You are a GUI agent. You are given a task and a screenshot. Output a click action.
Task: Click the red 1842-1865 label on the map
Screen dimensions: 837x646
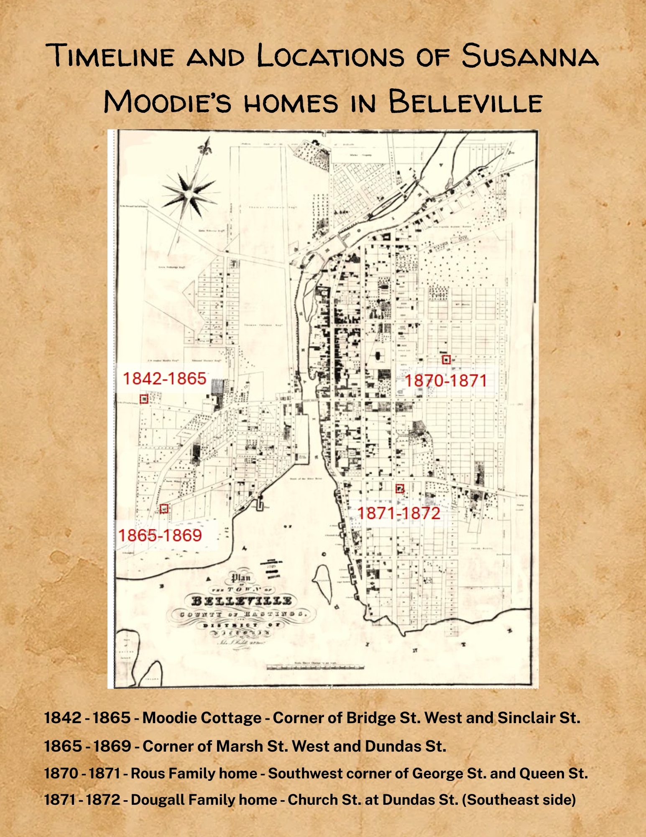164,379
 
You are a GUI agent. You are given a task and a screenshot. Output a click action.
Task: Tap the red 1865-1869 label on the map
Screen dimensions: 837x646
160,535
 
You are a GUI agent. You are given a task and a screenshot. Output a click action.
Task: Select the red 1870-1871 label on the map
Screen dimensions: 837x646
446,381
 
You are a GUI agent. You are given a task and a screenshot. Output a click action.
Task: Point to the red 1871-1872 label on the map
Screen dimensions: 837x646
398,513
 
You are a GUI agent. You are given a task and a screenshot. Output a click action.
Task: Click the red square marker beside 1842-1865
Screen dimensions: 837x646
144,399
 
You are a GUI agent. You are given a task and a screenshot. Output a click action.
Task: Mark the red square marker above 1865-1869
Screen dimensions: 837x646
164,508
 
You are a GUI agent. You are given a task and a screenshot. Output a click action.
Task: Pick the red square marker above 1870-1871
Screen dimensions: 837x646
446,359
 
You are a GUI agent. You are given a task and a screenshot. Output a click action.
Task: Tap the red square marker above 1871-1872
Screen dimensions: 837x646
400,488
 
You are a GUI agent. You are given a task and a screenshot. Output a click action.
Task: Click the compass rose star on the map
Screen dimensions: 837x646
189,193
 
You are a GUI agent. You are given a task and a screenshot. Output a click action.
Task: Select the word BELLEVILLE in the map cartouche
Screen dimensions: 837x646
242,601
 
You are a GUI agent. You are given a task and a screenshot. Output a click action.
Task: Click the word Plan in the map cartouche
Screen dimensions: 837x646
241,578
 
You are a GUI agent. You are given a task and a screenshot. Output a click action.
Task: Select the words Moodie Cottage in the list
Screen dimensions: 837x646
202,718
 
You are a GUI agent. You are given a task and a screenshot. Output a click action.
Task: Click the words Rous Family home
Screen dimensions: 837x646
194,773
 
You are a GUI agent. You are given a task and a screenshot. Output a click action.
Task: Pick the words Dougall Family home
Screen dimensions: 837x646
204,800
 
